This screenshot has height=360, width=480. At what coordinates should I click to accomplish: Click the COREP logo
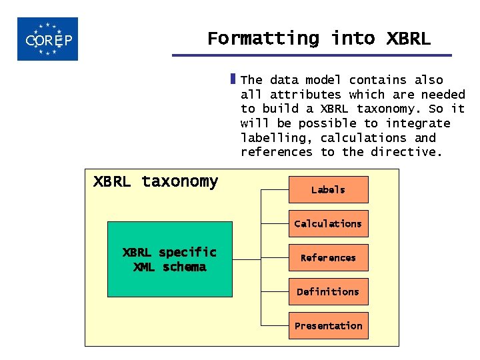click(47, 39)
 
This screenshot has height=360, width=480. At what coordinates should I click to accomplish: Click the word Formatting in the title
click(263, 39)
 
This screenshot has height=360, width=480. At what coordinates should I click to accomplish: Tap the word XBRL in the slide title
click(408, 39)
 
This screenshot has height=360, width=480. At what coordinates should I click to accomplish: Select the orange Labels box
click(328, 190)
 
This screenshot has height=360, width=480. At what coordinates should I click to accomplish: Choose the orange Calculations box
click(328, 224)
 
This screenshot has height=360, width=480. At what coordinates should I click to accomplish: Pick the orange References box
click(328, 258)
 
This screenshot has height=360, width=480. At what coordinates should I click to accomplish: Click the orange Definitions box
click(328, 292)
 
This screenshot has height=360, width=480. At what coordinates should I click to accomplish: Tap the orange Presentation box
click(328, 326)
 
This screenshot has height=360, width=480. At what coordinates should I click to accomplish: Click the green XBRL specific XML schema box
click(169, 259)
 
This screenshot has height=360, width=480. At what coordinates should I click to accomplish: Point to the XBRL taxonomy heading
click(155, 181)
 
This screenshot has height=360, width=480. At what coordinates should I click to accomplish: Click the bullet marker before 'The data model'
click(233, 79)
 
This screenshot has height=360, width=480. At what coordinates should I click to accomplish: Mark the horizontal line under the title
click(311, 55)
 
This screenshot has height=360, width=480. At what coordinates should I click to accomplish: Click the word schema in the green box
click(184, 267)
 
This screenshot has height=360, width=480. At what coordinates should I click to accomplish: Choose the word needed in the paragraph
click(443, 95)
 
